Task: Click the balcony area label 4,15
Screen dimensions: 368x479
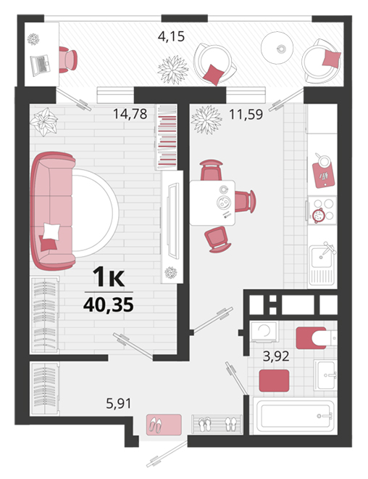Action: [171, 37]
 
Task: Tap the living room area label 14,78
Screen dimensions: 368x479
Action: [130, 114]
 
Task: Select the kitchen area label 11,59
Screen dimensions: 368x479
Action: [246, 115]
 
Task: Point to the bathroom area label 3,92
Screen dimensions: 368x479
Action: [276, 356]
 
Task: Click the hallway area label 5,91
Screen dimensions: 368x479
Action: [119, 404]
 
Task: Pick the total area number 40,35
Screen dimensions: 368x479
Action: [109, 305]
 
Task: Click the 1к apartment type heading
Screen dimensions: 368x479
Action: [109, 277]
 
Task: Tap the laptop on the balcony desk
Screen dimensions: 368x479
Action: [41, 65]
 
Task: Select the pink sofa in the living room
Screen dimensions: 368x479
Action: [52, 211]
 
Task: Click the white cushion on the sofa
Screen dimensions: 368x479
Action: [51, 232]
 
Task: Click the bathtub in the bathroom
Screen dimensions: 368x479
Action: [294, 415]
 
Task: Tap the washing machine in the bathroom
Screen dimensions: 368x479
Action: [264, 331]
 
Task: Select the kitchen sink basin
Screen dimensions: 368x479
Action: [320, 257]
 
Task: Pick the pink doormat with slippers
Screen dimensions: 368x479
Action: [164, 424]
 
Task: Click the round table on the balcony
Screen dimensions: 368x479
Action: [277, 48]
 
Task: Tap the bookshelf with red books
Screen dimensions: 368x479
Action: [167, 137]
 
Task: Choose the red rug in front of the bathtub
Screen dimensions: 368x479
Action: [274, 380]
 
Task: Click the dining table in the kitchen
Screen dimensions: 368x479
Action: [212, 202]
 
